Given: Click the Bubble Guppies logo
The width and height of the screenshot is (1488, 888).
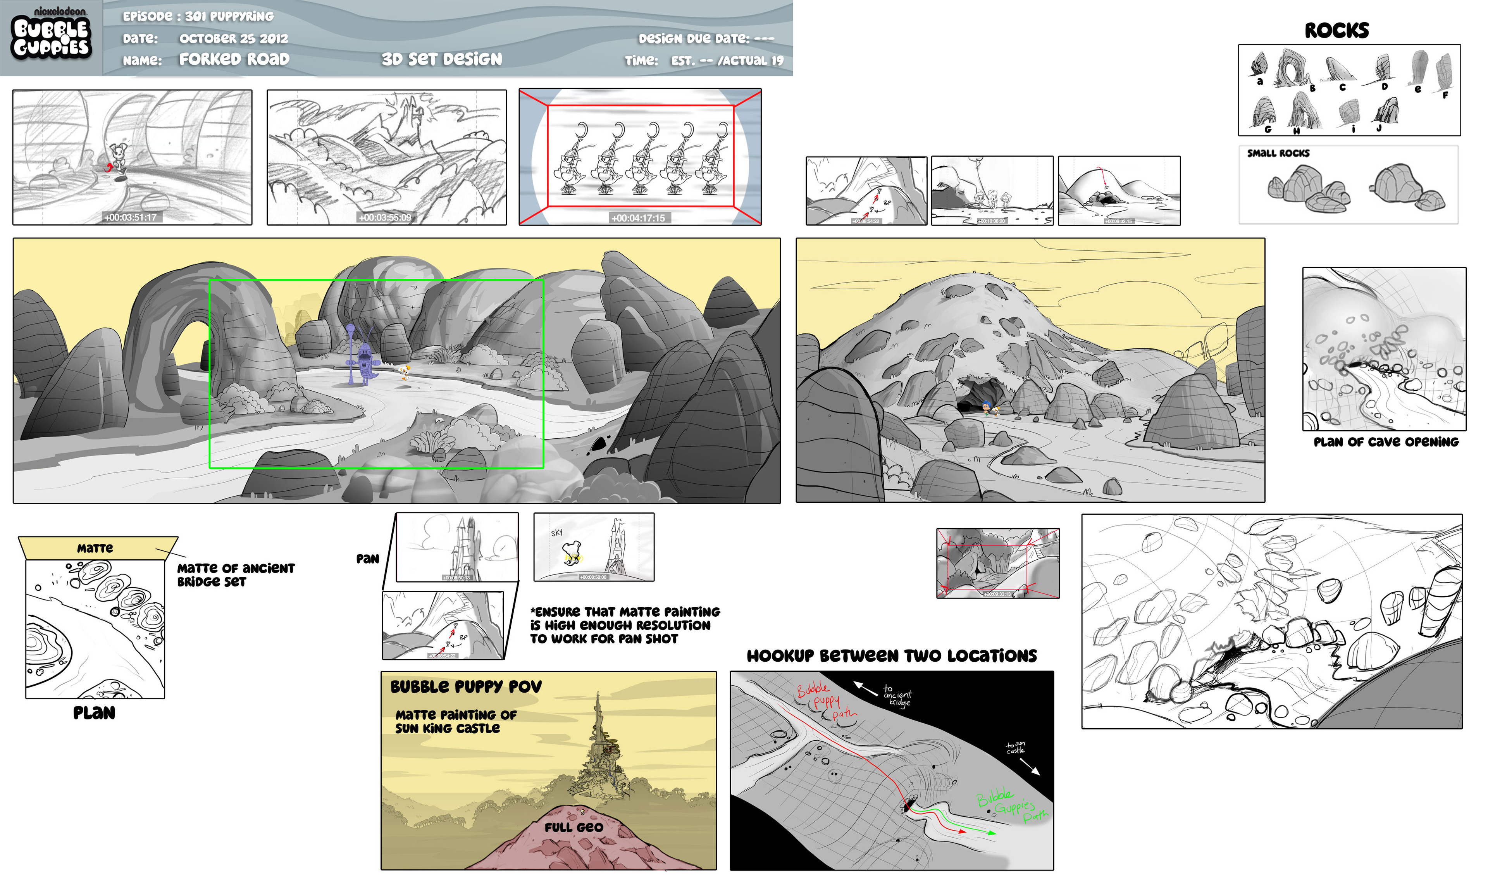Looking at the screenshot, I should coord(52,37).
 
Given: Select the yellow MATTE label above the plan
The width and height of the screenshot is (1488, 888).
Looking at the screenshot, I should coord(95,548).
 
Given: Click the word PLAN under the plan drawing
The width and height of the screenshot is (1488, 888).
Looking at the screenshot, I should coord(94,713).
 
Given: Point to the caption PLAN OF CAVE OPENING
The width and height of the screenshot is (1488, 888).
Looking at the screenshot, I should coord(1386,442).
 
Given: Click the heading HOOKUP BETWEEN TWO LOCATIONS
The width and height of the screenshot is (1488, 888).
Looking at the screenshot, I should coord(891,656).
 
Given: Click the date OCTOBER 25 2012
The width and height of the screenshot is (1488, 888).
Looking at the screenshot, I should coord(234,39).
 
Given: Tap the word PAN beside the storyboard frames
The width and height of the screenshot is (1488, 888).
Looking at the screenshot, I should coord(368,559).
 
